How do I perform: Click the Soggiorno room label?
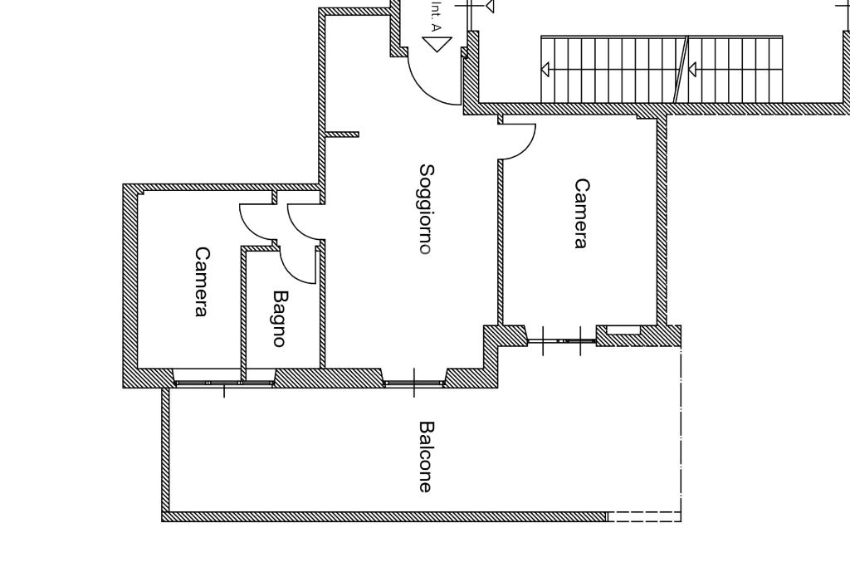426,208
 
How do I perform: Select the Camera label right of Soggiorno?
581,213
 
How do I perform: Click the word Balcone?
426,457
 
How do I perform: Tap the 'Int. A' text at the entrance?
436,16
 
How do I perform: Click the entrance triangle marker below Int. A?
437,42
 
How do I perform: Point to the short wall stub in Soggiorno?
342,134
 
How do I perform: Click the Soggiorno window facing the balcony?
414,383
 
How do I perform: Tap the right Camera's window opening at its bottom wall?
562,340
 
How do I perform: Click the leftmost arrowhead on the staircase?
545,69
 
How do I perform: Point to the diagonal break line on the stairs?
681,69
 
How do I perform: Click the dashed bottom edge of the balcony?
644,516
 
